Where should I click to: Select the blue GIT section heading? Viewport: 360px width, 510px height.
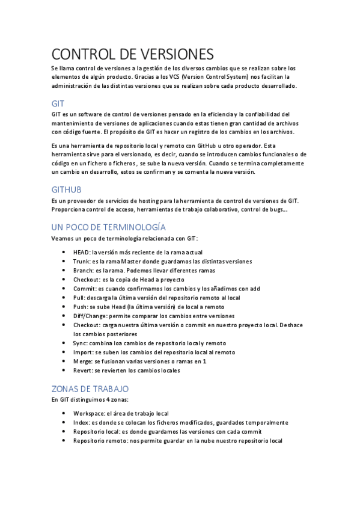click(58, 103)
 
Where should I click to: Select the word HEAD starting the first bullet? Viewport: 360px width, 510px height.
click(81, 252)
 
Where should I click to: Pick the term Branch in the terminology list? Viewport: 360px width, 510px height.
click(83, 271)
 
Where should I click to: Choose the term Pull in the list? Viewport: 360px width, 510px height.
click(78, 298)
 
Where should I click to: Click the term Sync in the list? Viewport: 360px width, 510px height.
click(80, 343)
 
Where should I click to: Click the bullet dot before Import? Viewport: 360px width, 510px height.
click(64, 352)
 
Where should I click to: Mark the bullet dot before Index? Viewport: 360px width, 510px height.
click(64, 422)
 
